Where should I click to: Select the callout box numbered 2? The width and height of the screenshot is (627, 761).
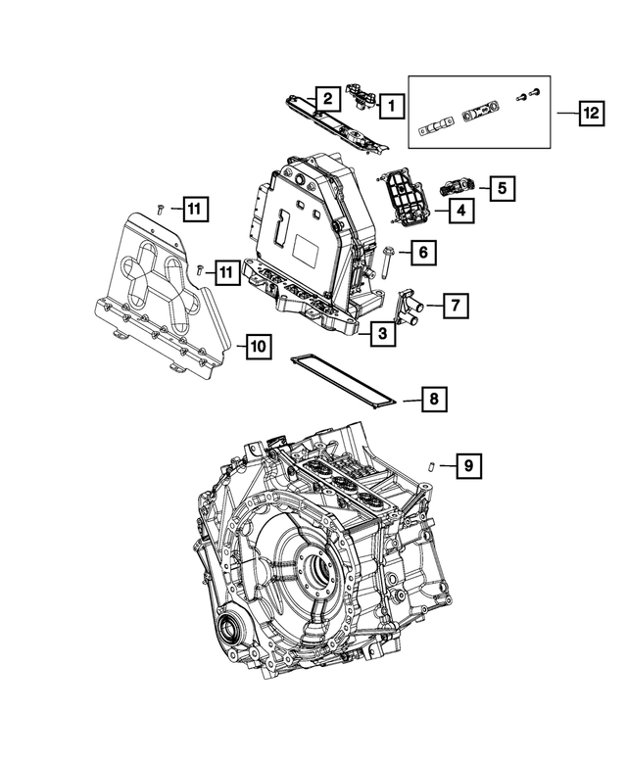click(327, 98)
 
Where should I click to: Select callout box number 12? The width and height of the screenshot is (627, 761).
click(590, 115)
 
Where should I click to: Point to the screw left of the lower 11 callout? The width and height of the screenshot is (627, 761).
click(200, 268)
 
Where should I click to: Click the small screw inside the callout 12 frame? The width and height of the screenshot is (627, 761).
click(535, 94)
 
